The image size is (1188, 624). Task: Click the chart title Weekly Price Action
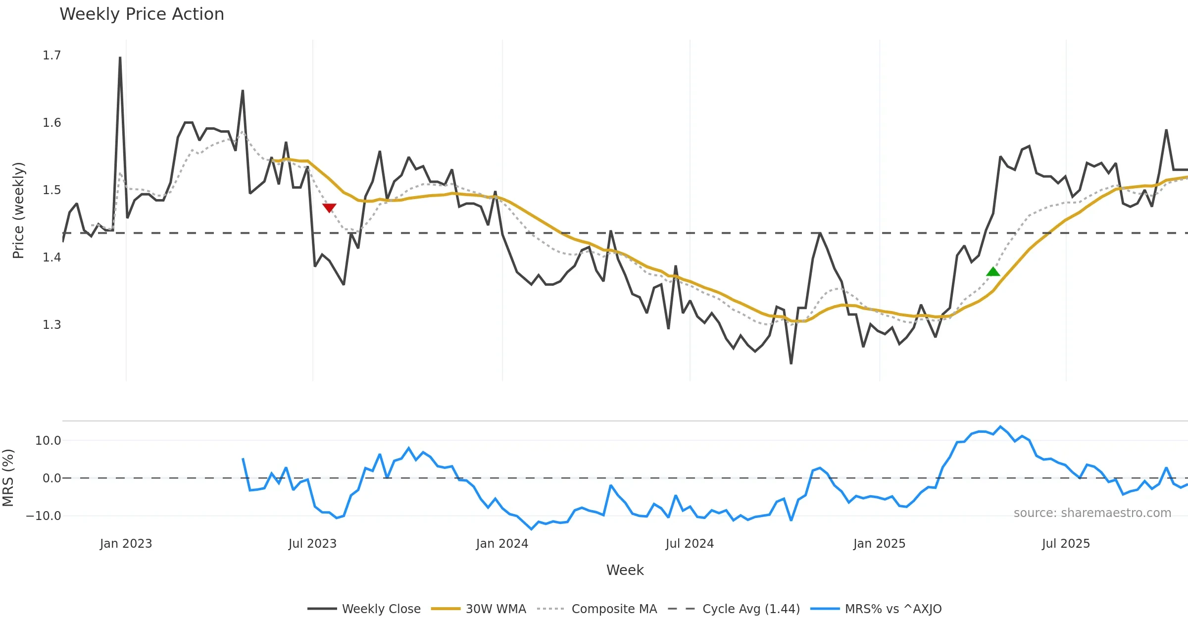(x=142, y=14)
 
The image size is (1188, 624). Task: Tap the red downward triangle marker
(x=329, y=208)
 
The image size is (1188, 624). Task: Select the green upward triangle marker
(x=993, y=271)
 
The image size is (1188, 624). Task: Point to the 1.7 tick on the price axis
(x=51, y=55)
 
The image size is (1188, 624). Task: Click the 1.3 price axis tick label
(x=51, y=325)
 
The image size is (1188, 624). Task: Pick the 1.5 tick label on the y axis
(x=51, y=190)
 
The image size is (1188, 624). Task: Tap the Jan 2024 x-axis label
(x=502, y=544)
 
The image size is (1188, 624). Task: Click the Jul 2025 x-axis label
(x=1066, y=544)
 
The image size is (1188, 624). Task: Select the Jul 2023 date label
(x=312, y=544)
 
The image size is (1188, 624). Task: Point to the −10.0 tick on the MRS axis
(x=43, y=516)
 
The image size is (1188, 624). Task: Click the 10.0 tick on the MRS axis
(x=48, y=441)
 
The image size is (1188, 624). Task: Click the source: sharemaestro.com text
(x=1092, y=513)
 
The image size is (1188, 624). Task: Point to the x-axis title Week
(x=625, y=571)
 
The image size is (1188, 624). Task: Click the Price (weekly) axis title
(x=18, y=210)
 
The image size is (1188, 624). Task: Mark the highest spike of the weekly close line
(x=120, y=58)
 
